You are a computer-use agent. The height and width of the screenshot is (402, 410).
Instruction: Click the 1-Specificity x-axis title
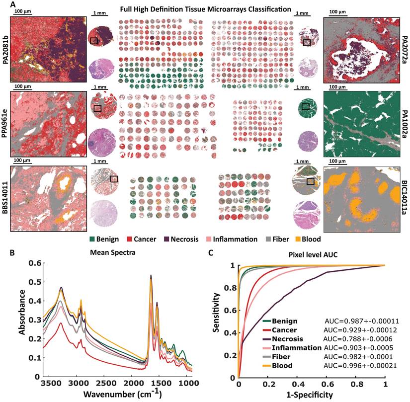tap(312, 395)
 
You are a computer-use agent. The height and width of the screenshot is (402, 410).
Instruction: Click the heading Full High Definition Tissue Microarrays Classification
tap(206, 8)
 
